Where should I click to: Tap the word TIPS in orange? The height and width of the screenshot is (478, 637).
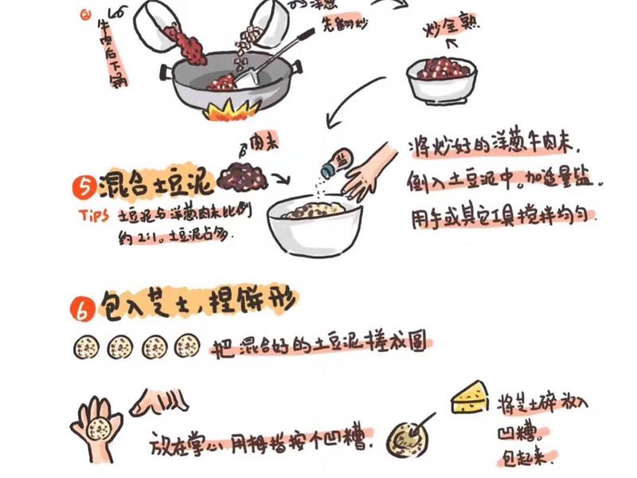pyautogui.click(x=96, y=216)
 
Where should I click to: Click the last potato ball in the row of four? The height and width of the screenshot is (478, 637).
pyautogui.click(x=187, y=346)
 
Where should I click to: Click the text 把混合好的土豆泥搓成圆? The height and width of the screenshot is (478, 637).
pyautogui.click(x=318, y=347)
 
